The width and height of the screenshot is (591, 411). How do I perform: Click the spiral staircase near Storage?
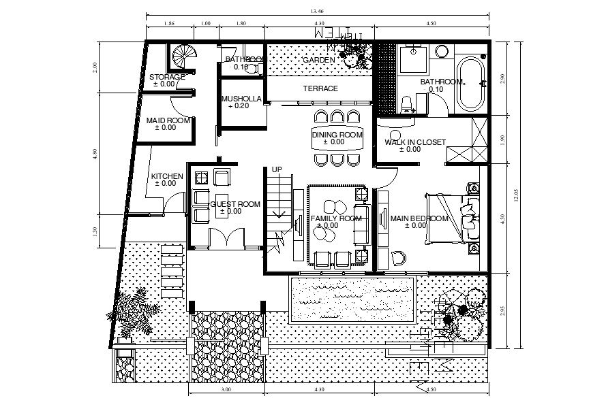click(x=183, y=56)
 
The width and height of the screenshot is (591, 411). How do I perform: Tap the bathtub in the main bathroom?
click(x=470, y=84)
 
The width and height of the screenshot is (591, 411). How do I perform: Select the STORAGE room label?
click(x=167, y=77)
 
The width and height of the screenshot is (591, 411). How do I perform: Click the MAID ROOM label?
click(x=168, y=121)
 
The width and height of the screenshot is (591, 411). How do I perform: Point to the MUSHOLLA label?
click(x=241, y=99)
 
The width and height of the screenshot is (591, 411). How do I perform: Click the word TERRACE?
click(x=320, y=88)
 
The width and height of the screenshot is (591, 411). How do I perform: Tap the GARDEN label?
click(x=319, y=60)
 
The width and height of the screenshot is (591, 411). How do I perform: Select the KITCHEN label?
click(x=167, y=176)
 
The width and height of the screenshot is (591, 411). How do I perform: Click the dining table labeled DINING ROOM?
click(x=337, y=137)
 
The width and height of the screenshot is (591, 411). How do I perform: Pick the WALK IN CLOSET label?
click(x=415, y=142)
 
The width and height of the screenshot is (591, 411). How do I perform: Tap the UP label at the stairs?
click(x=277, y=169)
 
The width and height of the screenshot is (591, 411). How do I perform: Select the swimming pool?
click(x=352, y=299)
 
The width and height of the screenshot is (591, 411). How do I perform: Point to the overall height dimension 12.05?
click(x=516, y=195)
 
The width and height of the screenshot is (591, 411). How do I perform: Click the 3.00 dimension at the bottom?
click(x=226, y=390)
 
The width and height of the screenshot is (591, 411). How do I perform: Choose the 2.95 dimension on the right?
click(x=502, y=310)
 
